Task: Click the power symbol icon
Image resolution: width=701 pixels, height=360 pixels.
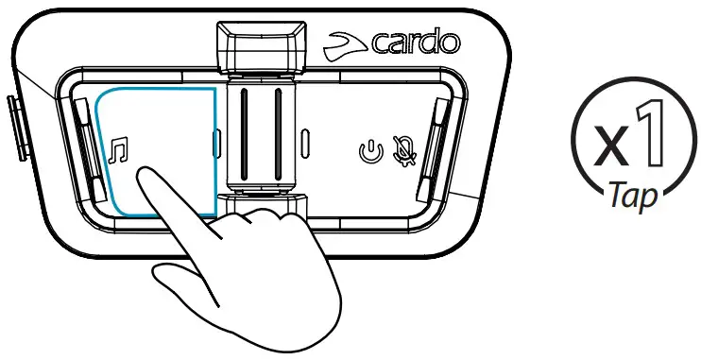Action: coord(371,149)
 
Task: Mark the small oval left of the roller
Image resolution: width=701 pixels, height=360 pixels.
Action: coord(216,145)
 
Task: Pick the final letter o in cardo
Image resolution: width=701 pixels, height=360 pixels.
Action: coord(452,43)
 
